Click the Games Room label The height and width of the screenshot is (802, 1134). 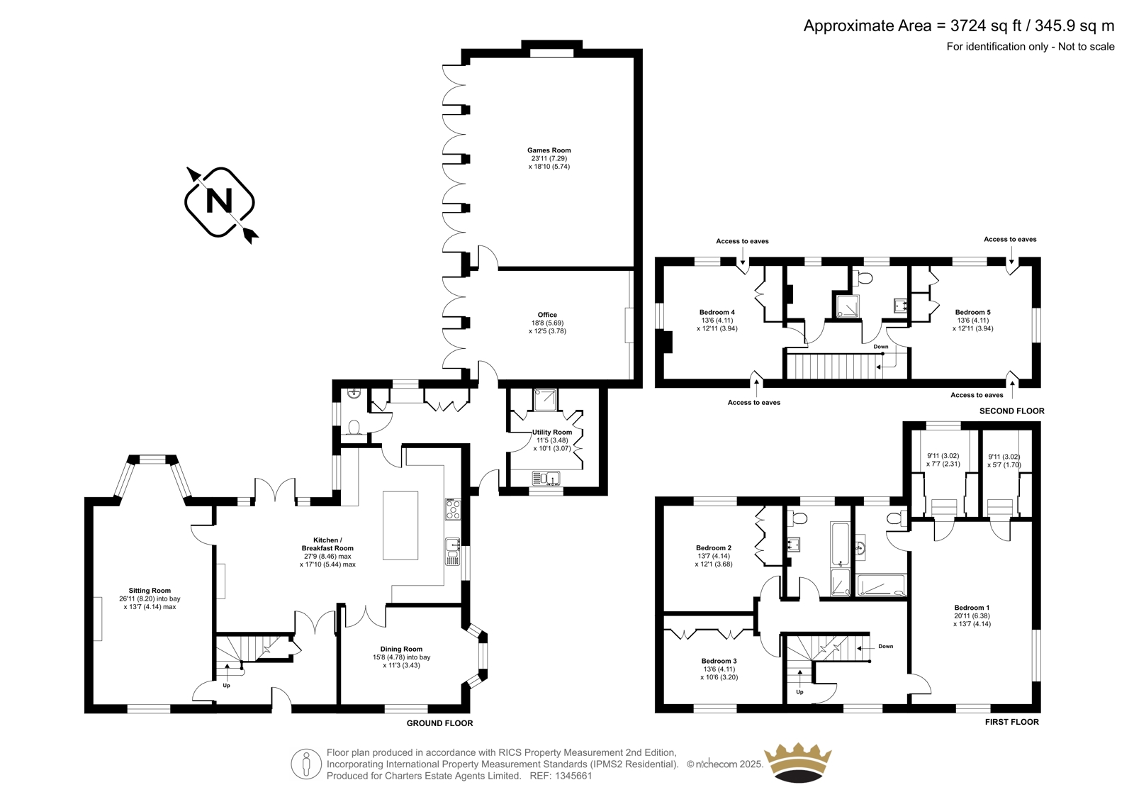coord(549,150)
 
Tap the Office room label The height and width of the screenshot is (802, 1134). coord(547,315)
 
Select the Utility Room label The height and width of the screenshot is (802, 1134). coord(552,432)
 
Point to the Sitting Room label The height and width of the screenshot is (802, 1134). coord(150,590)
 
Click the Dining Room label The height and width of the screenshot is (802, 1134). coord(401,649)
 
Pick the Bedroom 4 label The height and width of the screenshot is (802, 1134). coord(717,312)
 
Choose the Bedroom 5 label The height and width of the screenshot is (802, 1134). coord(972,312)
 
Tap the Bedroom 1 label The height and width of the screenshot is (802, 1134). coord(972,608)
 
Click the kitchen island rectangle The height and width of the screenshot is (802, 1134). coord(400,525)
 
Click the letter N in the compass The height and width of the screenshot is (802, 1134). coord(219,201)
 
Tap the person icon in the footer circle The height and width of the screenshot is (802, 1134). coord(305,764)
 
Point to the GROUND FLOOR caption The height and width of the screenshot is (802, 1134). coord(439,723)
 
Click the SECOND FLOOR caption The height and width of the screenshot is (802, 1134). coord(1011,411)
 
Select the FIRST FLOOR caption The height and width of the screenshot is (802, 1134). coord(1011,722)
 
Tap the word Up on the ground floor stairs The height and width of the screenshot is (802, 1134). coord(226,686)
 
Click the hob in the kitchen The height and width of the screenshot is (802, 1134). coord(453,510)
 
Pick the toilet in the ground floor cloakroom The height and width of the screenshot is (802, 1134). coord(354,428)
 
